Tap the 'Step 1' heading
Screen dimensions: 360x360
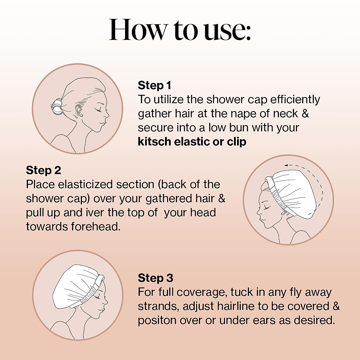(154, 85)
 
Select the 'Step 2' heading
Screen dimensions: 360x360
(43, 170)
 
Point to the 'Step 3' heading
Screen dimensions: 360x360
(155, 278)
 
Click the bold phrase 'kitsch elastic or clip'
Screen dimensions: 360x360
(192, 142)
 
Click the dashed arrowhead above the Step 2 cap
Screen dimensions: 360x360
(286, 165)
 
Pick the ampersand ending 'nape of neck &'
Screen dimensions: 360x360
(305, 114)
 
